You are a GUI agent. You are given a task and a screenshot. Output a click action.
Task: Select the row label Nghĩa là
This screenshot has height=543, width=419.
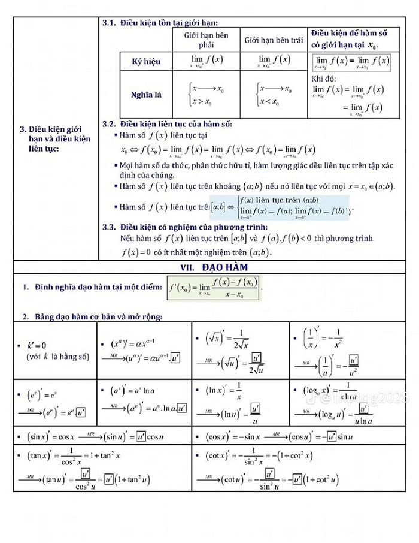click(146, 95)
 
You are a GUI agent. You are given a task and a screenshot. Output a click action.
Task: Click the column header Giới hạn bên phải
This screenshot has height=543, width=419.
click(206, 40)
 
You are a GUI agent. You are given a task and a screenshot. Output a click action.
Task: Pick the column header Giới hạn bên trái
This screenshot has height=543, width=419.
click(274, 40)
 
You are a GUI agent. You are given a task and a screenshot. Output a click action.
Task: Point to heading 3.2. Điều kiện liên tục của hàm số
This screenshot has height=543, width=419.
click(167, 124)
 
